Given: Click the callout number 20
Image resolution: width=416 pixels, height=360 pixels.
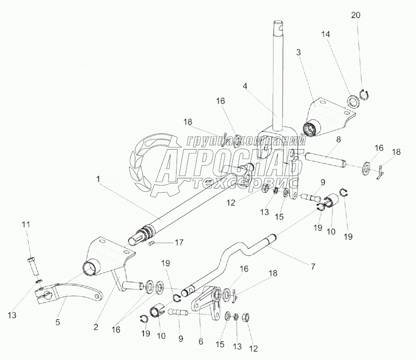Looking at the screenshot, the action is [x=356, y=15].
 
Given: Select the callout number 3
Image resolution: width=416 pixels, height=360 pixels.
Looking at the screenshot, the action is [x=298, y=52].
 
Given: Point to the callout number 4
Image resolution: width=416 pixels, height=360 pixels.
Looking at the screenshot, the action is [x=245, y=86].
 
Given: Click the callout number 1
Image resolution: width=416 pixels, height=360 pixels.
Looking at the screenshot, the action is [x=98, y=179].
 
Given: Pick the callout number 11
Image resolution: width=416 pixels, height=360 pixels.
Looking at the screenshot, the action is [x=26, y=224].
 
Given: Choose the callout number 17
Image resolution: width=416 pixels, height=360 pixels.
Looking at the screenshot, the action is [x=179, y=242].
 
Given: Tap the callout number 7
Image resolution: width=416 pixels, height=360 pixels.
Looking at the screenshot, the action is [x=313, y=267].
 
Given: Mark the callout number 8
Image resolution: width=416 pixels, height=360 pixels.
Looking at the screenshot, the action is [x=339, y=139].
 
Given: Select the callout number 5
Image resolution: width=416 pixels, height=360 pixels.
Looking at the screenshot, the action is [x=58, y=322].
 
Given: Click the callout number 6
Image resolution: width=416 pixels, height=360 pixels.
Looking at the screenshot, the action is [x=201, y=341].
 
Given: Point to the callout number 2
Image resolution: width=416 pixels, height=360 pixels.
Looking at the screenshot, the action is [x=96, y=327].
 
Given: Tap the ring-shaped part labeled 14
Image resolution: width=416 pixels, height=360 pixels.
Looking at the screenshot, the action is [x=354, y=101].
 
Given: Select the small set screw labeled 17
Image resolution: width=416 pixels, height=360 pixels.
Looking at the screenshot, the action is [x=151, y=243].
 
